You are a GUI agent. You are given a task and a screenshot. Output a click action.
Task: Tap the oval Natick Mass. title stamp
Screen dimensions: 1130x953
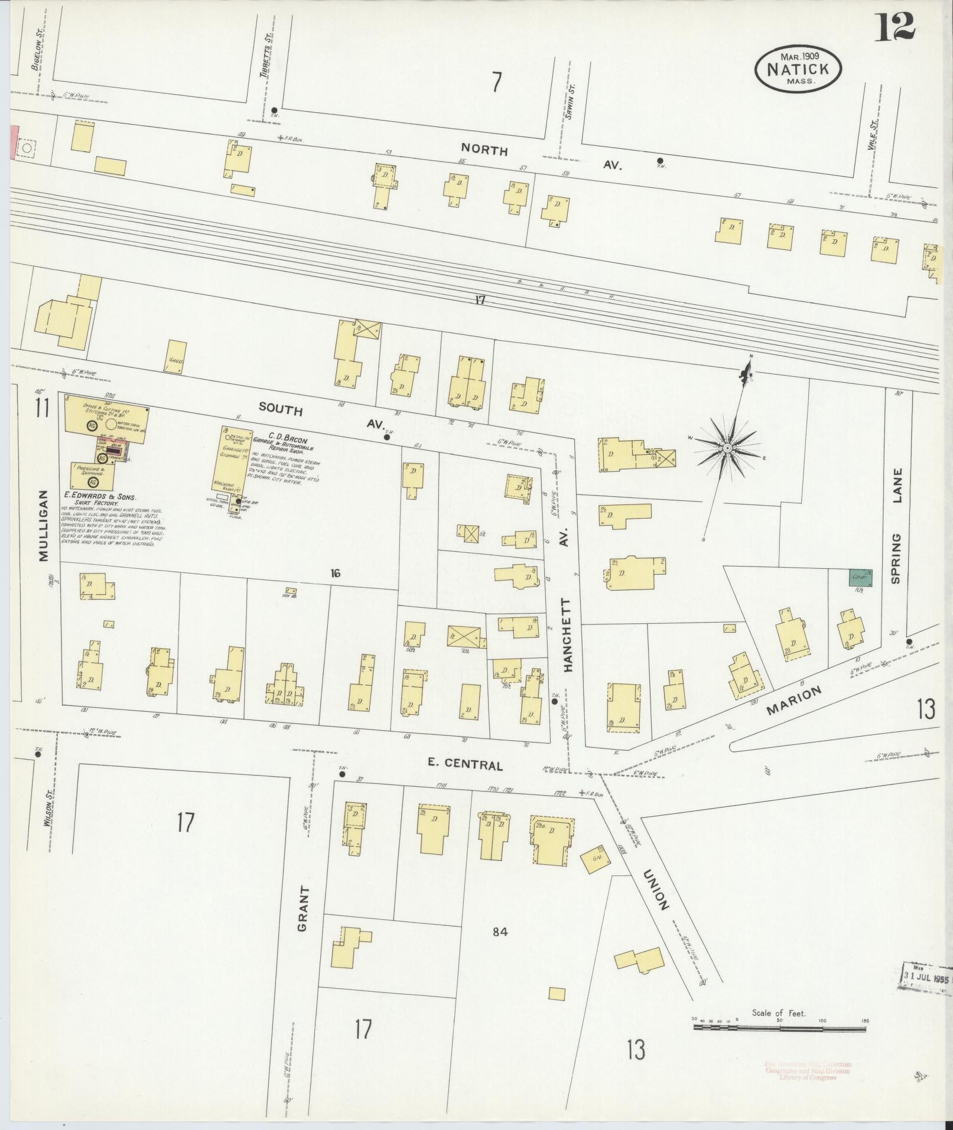click(798, 69)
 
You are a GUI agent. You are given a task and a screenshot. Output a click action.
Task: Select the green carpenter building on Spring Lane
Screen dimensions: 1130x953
click(857, 577)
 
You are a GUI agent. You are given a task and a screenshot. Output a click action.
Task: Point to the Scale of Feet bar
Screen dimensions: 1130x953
click(779, 1027)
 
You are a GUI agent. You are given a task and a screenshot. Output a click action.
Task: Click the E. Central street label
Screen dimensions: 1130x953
click(465, 764)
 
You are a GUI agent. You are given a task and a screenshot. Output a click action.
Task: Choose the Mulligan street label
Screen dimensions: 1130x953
click(43, 526)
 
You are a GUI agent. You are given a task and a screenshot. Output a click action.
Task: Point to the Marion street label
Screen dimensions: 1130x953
click(794, 701)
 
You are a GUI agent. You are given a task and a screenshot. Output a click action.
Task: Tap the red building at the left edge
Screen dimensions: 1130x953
click(13, 142)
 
